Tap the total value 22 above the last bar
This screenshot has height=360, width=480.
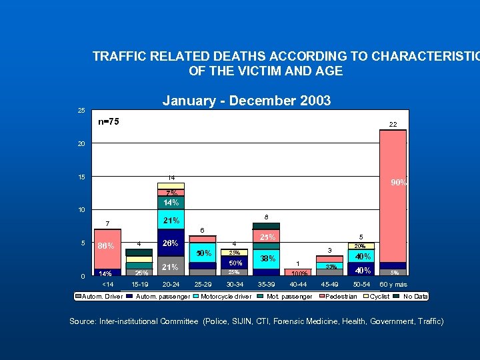pyautogui.click(x=393, y=125)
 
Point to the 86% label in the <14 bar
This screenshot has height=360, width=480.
pyautogui.click(x=106, y=246)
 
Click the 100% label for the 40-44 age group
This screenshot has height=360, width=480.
pyautogui.click(x=299, y=273)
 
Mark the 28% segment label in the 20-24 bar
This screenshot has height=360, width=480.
pyautogui.click(x=171, y=243)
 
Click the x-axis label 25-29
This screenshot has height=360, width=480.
pyautogui.click(x=203, y=285)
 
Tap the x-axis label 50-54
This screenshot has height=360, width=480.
pyautogui.click(x=362, y=285)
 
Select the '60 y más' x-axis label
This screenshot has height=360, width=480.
pyautogui.click(x=393, y=285)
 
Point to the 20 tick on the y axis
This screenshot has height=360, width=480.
pyautogui.click(x=81, y=144)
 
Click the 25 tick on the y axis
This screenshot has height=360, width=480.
pyautogui.click(x=81, y=110)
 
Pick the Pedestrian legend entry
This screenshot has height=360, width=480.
pyautogui.click(x=341, y=296)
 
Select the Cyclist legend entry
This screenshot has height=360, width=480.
pyautogui.click(x=380, y=296)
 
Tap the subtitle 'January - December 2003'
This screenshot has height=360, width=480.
pyautogui.click(x=247, y=101)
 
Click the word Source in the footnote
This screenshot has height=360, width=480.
pyautogui.click(x=83, y=321)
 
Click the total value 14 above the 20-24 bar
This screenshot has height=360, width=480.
pyautogui.click(x=171, y=178)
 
